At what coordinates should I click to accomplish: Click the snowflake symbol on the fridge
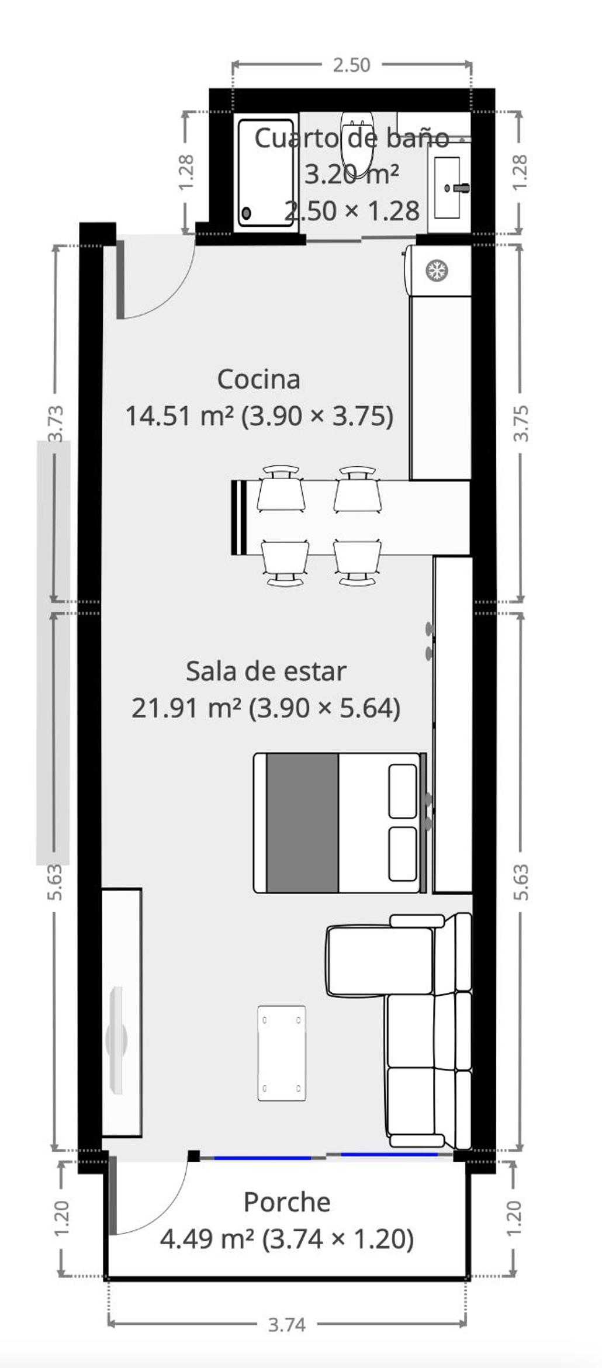[x=437, y=270]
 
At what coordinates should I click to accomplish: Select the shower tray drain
[x=247, y=213]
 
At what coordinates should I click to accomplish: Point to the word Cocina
[x=259, y=380]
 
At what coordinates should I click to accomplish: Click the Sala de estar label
[x=266, y=671]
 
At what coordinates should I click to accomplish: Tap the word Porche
[x=287, y=1203]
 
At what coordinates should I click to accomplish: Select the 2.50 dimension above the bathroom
[x=352, y=65]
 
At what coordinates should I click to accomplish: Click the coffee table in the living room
[x=282, y=1053]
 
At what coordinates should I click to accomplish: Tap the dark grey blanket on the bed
[x=303, y=823]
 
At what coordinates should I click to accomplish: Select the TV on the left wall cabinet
[x=117, y=1040]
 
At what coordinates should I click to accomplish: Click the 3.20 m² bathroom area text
[x=352, y=174]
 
